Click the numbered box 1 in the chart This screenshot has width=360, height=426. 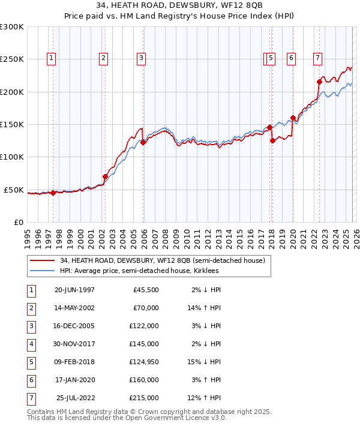pos(52,58)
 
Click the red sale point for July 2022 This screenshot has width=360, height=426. pos(319,82)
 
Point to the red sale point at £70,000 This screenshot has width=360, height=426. pos(105,176)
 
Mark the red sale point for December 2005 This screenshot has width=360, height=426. pos(143,143)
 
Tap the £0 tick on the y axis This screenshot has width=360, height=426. pos(18,222)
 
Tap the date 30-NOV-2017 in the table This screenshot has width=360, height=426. pos(74,344)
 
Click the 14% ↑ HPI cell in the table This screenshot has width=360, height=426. pos(203,308)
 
